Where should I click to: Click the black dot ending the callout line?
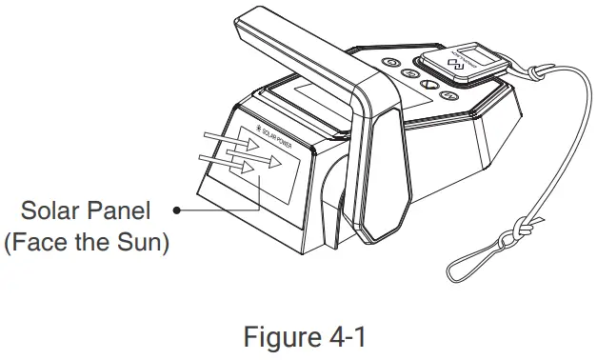[179, 208]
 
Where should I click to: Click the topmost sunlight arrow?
[236, 143]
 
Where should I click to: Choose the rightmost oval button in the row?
[450, 96]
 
